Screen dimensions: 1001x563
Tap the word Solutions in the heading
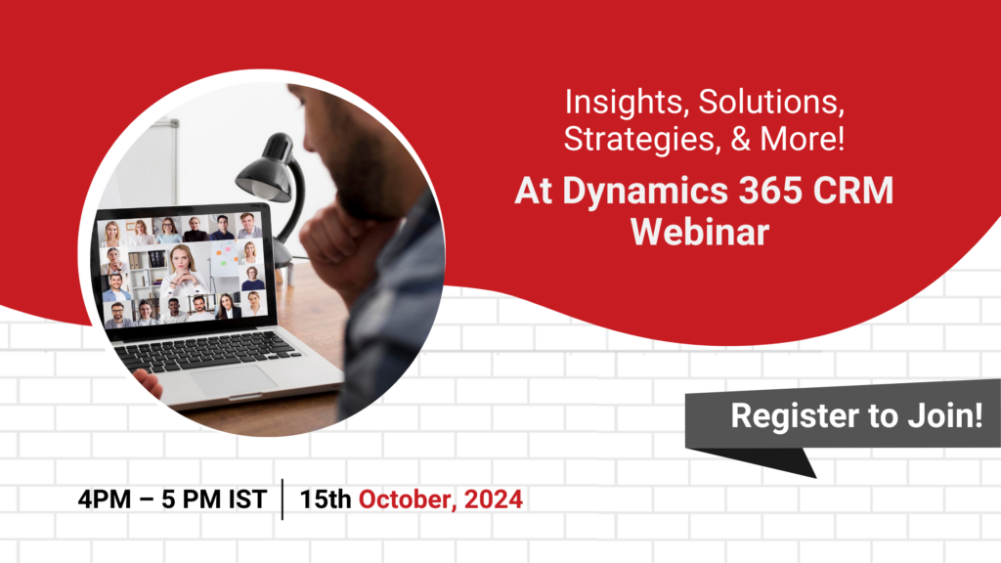(771, 102)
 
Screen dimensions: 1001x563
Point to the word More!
(803, 139)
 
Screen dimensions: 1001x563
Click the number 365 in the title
(770, 191)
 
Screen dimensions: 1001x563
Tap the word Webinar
(700, 231)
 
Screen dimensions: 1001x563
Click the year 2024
(494, 499)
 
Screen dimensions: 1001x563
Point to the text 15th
(326, 499)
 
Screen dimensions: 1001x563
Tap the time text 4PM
(104, 499)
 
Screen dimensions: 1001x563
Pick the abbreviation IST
(247, 499)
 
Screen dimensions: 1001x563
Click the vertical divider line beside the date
(283, 499)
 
